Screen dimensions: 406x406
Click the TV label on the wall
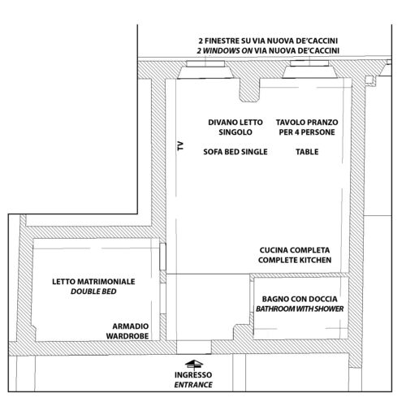pos(180,146)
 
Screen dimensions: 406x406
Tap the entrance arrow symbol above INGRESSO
pos(194,364)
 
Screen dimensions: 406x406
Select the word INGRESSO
pos(193,375)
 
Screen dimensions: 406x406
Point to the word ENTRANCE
pos(193,385)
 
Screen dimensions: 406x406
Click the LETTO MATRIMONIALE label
pos(93,282)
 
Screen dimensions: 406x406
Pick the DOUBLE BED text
pos(93,292)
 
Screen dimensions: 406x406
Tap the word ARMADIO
pos(131,326)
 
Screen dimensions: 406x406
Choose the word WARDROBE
pos(127,336)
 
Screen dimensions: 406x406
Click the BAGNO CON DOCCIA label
pos(300,299)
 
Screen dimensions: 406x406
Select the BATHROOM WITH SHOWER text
pos(300,309)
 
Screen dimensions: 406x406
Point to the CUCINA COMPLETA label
pos(295,250)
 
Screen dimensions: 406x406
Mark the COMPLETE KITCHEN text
pos(295,260)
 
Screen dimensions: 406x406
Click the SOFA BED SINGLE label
pos(235,152)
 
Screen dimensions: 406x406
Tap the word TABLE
pos(307,152)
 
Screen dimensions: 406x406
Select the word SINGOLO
pos(235,132)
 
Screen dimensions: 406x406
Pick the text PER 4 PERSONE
pos(307,132)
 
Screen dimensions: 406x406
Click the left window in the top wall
pos(205,64)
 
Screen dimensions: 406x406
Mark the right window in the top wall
pos(309,63)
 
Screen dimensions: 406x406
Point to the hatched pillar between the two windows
pos(249,89)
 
